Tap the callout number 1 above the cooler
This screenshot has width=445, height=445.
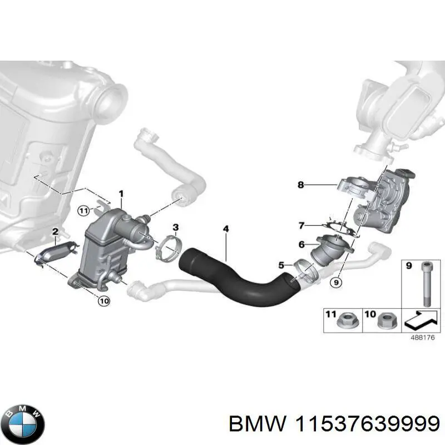(121, 194)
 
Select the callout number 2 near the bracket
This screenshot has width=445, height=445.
(55, 231)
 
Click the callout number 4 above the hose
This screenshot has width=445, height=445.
(225, 229)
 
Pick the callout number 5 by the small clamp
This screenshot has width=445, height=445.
(281, 265)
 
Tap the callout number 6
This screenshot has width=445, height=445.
(301, 244)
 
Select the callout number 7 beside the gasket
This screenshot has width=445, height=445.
(301, 225)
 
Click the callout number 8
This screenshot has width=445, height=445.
(301, 185)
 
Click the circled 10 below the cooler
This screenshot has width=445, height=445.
(103, 301)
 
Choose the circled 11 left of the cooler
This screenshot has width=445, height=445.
(83, 210)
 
